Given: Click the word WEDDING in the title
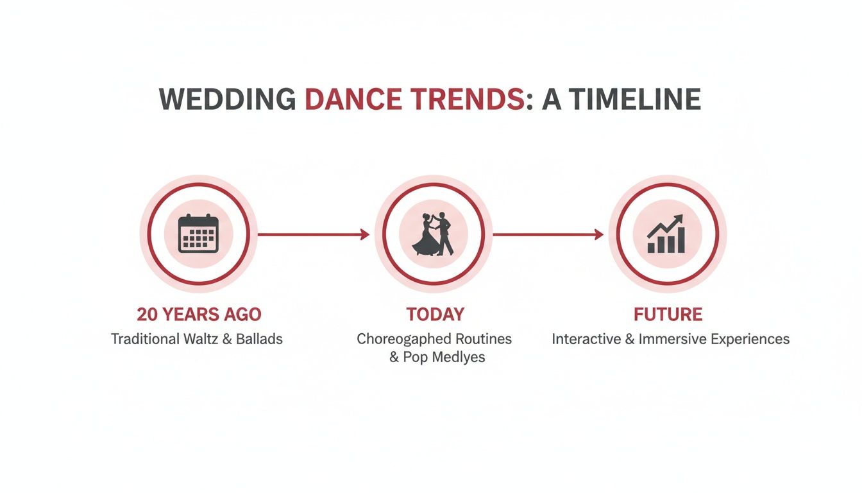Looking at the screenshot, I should (228, 99).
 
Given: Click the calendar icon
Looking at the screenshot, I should (198, 234).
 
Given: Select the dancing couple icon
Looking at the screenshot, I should (434, 234).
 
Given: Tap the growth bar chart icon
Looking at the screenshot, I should (667, 234).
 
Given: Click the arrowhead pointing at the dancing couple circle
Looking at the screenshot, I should (366, 234).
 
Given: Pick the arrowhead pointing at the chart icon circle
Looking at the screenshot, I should (600, 234).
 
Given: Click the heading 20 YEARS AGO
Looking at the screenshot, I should (199, 315).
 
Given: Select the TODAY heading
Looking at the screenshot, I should (435, 315).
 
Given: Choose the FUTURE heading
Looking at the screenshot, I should (668, 315).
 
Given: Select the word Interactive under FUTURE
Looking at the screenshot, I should (586, 338).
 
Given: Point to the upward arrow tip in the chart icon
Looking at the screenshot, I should (680, 218).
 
